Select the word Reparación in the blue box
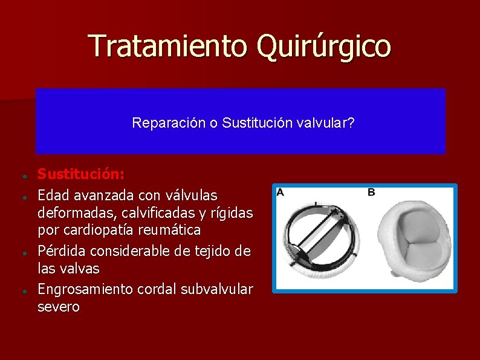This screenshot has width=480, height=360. click(167, 123)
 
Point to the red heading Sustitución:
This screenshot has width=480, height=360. click(81, 174)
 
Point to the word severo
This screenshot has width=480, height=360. click(58, 307)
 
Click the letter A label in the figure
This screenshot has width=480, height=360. click(280, 192)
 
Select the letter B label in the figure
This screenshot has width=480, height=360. click(371, 192)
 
